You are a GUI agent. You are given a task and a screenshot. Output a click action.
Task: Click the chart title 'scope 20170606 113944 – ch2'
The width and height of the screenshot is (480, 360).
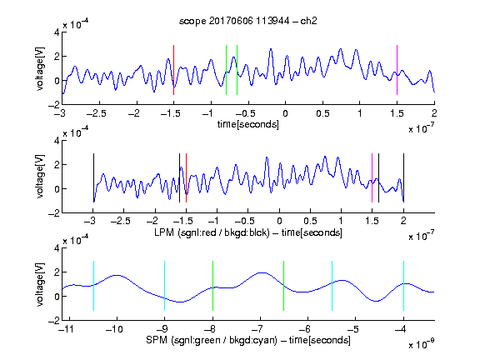coord(248,21)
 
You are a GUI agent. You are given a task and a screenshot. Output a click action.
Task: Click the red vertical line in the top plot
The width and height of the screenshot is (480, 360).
coord(173,70)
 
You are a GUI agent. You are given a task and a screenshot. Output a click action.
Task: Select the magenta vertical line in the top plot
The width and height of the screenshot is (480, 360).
coord(397,70)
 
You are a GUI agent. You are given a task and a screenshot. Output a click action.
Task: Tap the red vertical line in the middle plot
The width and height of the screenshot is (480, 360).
coord(186,177)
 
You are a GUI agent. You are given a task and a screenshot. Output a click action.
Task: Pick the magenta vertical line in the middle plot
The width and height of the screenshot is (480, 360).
coord(372,177)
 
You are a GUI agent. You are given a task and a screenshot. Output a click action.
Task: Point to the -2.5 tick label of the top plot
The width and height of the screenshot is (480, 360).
coord(97,113)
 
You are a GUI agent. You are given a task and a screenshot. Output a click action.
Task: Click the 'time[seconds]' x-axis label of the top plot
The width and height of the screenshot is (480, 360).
coord(248,124)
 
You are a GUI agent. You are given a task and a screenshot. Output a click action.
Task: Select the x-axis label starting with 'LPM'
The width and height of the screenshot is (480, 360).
coord(248,232)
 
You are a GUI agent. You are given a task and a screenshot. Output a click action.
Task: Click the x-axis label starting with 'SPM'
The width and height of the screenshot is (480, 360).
coord(248,340)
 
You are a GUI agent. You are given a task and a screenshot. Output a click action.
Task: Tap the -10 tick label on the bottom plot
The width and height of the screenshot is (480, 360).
coord(114,329)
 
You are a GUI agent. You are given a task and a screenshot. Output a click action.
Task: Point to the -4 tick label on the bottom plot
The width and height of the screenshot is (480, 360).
coord(402,329)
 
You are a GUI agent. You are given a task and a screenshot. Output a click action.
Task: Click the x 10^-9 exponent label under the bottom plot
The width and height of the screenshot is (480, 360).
coord(421,344)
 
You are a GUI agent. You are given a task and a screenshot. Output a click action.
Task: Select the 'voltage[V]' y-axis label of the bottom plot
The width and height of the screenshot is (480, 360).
coord(40,284)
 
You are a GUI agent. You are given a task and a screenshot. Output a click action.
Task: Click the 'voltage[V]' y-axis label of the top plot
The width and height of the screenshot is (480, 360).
coord(40,69)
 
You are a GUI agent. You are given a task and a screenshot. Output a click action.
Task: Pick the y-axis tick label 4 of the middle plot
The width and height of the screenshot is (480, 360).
coord(57,141)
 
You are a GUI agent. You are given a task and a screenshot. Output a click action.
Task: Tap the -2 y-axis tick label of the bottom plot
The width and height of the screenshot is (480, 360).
coord(54,321)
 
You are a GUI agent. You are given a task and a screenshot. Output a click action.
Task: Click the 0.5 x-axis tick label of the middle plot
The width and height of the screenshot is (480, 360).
coord(310,222)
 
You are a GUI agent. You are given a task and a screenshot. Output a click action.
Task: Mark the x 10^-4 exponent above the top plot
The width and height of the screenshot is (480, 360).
coord(76,23)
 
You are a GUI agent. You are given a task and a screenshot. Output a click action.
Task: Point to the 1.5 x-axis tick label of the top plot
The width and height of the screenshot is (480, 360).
coord(397,113)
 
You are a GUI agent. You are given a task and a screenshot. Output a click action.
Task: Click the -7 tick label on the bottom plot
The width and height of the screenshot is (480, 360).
coord(257,329)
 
